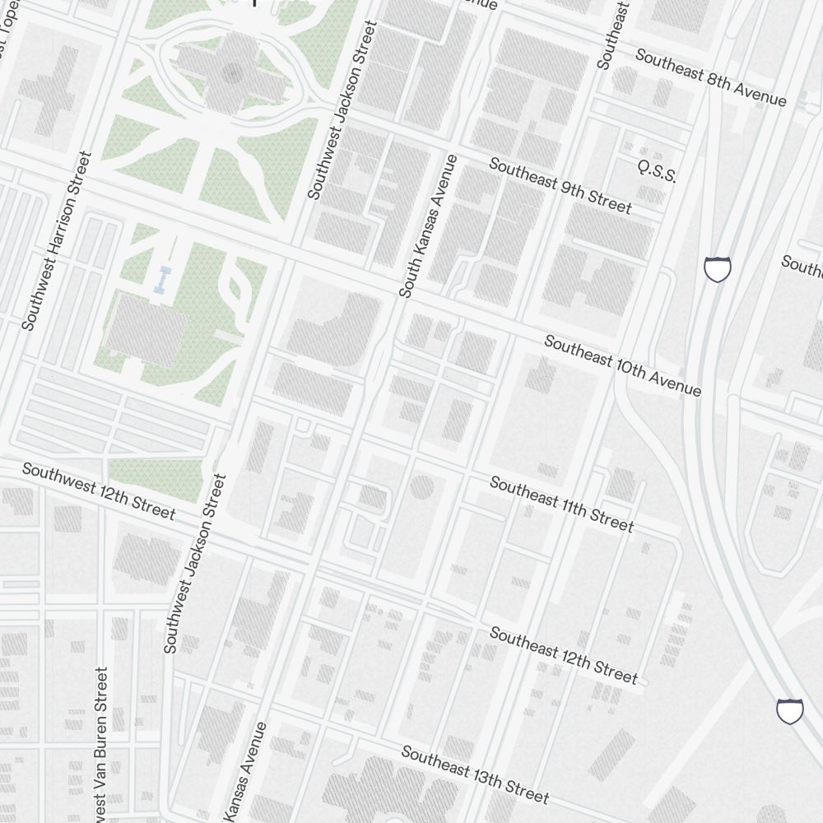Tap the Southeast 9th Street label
coord(560,186)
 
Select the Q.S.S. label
coord(657,172)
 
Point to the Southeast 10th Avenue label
coord(622,365)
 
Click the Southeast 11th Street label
coord(561,503)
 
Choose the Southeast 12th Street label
coord(564,655)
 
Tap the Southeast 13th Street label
coord(475,774)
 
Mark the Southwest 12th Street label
coord(98,491)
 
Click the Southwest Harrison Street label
coord(54,241)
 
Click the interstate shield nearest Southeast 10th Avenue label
coord(718,269)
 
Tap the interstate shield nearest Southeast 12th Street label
coord(789,710)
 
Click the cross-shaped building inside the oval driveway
coord(232,72)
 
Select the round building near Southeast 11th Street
coord(421,487)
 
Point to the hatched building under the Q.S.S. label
coord(652,195)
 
